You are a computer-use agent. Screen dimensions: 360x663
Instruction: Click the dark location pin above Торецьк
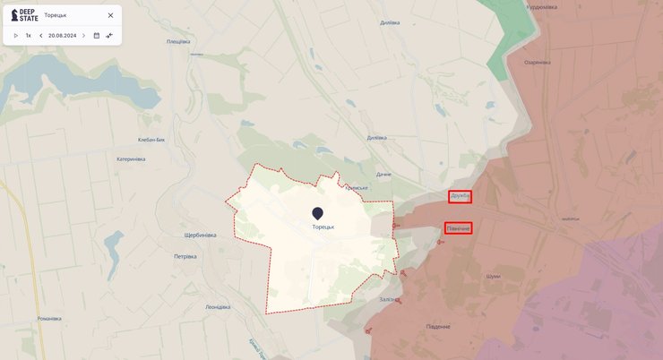317,213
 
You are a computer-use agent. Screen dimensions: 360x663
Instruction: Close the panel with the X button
110,15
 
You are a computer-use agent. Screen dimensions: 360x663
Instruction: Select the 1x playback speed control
28,36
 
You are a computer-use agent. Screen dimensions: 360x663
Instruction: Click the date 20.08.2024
62,36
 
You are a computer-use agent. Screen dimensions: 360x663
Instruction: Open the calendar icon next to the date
97,36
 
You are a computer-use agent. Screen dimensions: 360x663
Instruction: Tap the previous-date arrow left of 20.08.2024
40,36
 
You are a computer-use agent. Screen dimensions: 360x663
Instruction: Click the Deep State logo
24,15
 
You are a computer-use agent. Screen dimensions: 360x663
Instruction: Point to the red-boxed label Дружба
461,196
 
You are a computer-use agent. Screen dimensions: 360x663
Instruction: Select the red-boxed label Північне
459,228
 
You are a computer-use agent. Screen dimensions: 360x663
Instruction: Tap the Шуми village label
492,277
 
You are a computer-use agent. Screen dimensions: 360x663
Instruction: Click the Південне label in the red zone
438,327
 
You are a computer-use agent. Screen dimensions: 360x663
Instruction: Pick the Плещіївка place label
178,42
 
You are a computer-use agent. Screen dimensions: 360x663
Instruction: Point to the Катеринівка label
131,159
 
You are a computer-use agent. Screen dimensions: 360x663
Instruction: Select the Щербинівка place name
200,236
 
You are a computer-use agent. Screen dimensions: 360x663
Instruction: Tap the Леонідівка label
218,307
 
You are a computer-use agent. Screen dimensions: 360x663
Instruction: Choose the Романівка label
49,319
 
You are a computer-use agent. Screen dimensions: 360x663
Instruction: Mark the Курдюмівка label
541,7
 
